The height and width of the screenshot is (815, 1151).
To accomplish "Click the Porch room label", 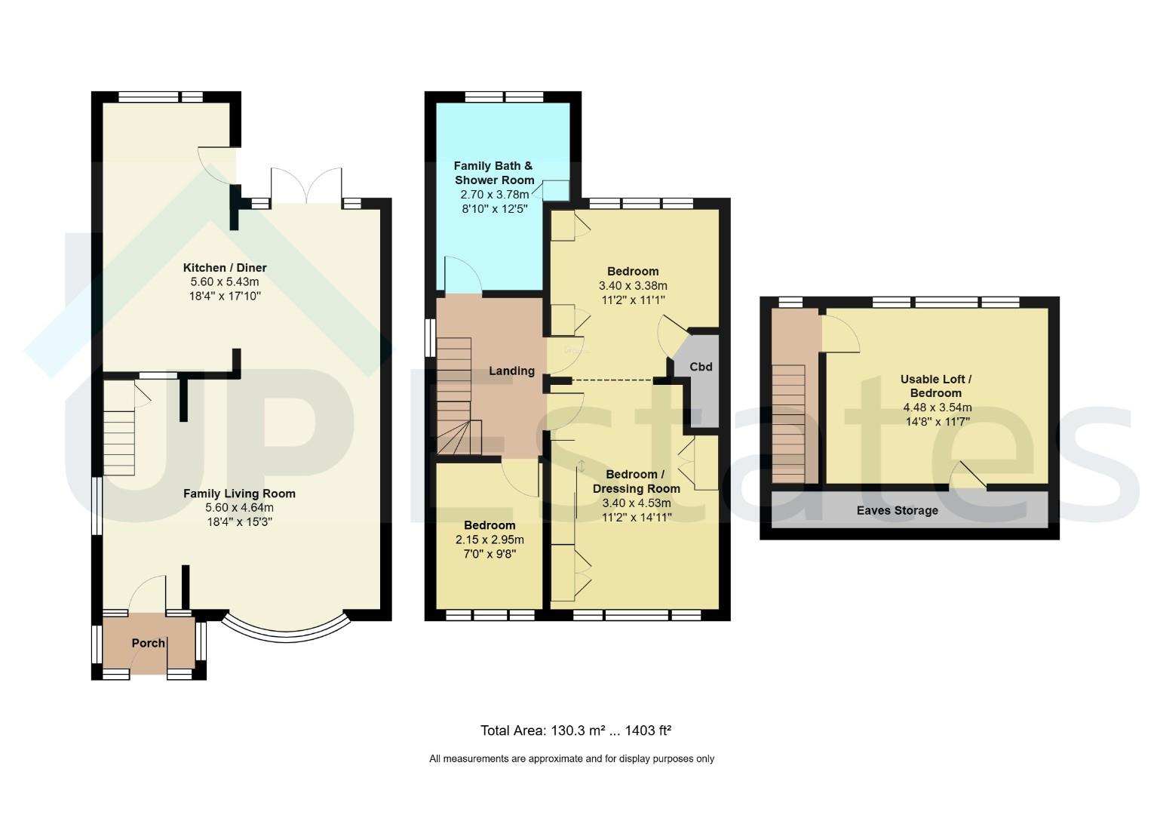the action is point(148,643).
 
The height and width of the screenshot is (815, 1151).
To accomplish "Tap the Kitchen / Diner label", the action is point(225,267).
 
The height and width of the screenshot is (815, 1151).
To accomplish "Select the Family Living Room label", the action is point(239,494).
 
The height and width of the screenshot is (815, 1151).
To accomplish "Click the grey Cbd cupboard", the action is point(701,380).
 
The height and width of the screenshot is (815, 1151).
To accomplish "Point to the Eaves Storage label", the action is point(897,511).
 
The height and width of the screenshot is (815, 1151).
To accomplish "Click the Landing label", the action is point(511,371).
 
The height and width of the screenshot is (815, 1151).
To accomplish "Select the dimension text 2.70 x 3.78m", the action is point(494,195).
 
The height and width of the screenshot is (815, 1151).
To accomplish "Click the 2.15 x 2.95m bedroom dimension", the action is point(490,540).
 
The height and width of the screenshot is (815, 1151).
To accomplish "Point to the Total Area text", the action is point(575,730).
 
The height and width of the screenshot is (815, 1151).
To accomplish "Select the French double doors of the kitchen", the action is point(306,185).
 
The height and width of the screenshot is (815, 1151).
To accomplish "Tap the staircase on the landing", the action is point(459,396).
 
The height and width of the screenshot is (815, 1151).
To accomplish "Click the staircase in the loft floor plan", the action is point(788,424).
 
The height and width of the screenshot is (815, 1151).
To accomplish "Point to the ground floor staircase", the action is point(119,428).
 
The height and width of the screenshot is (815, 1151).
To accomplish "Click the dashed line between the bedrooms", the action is point(612,380).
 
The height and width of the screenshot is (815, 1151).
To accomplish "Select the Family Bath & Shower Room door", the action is point(462,275).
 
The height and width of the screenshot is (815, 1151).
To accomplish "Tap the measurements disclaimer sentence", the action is point(572,758).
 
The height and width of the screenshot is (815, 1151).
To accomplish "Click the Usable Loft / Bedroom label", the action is point(936,386).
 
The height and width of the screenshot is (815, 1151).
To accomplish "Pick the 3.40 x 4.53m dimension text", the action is point(637,503).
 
